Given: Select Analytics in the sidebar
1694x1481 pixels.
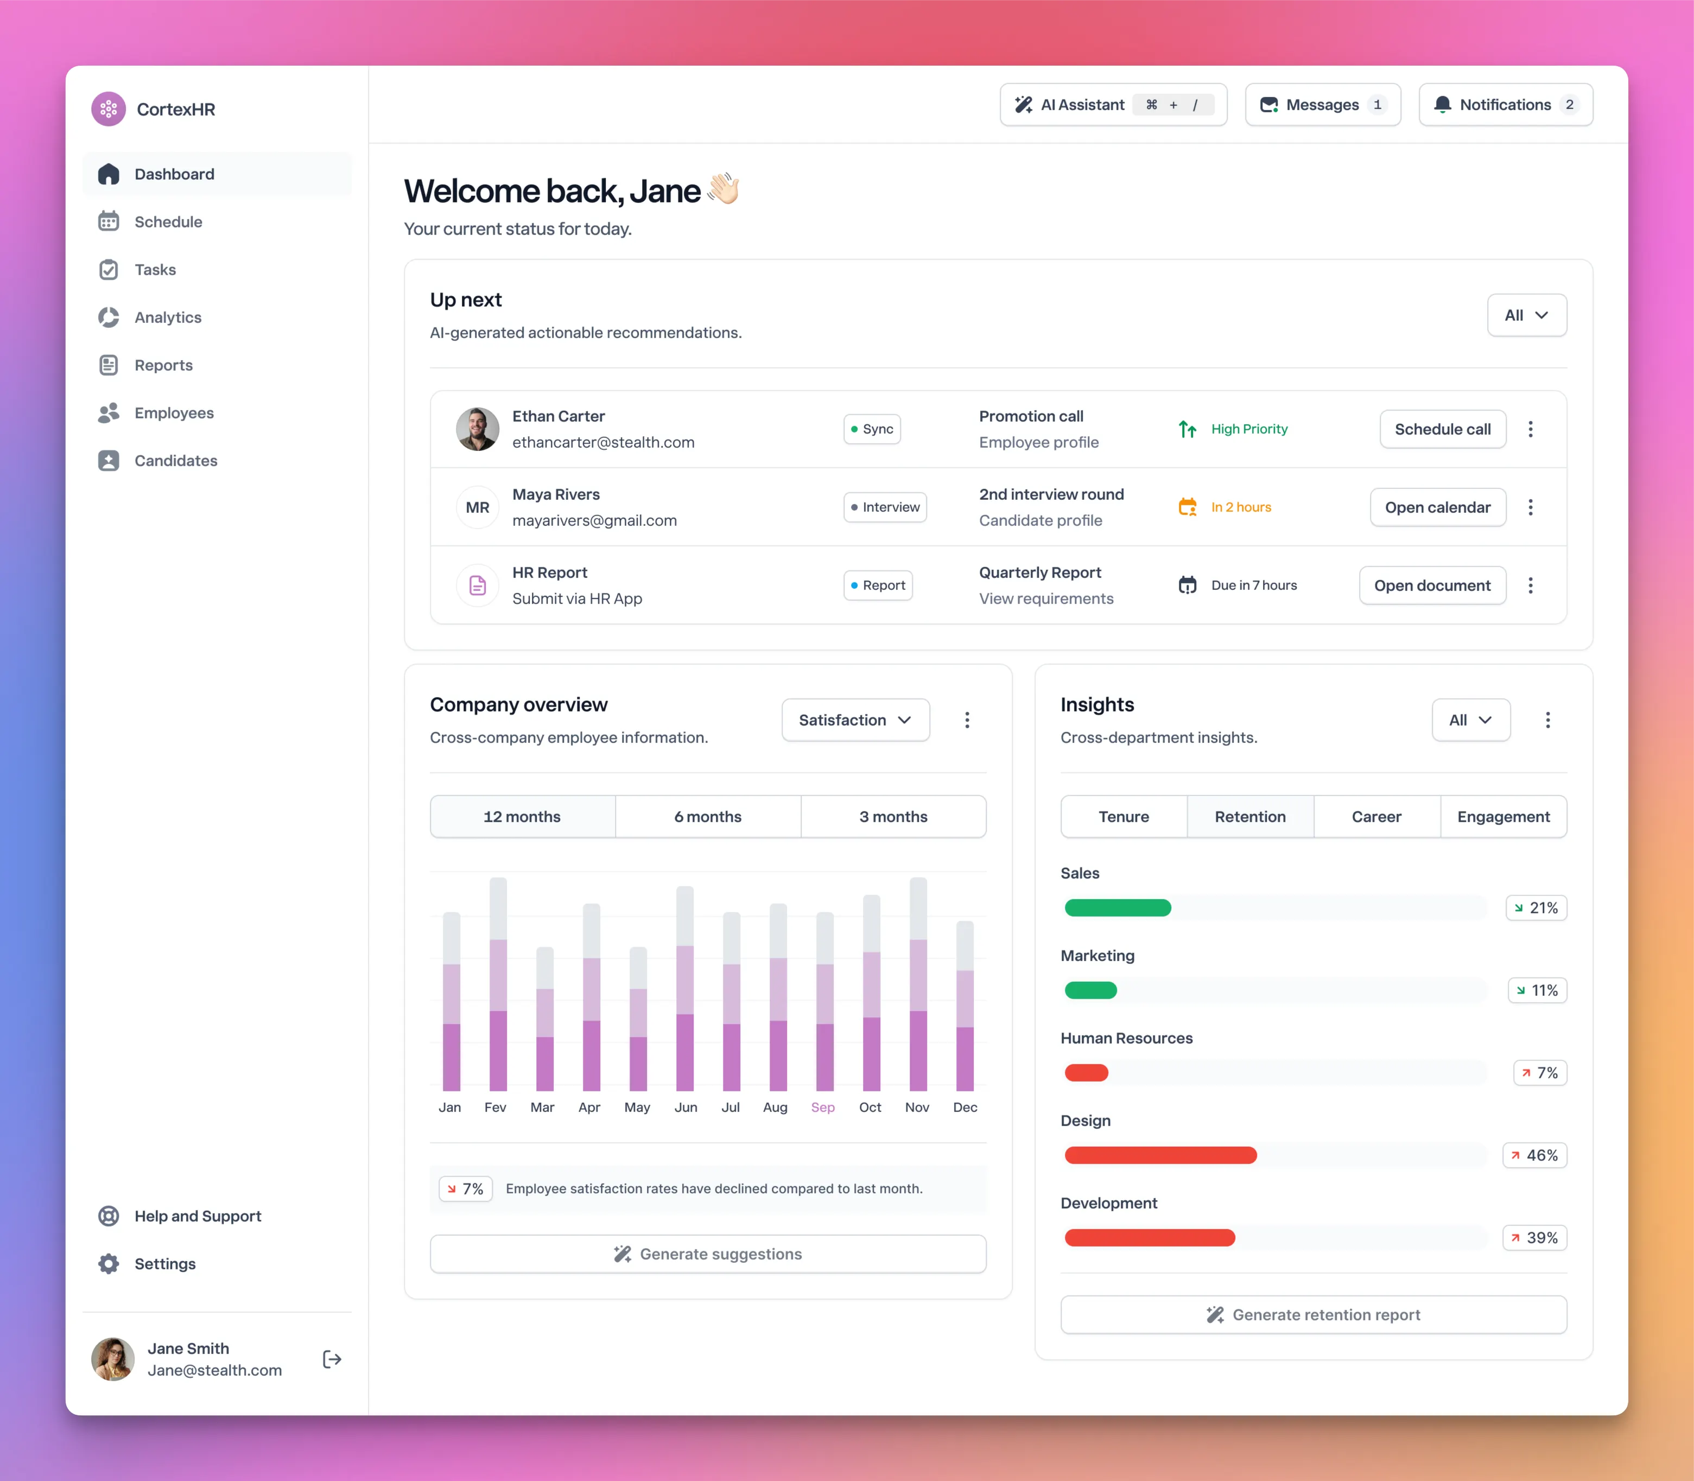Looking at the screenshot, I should pos(167,317).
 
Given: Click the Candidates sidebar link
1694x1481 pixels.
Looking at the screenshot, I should pos(175,460).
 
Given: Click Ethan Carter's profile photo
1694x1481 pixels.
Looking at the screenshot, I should pos(477,429).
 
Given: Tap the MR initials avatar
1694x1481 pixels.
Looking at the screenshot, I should pos(477,507).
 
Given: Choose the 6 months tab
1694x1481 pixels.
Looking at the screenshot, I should pos(708,817).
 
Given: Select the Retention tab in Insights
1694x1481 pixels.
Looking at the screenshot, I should pos(1249,817).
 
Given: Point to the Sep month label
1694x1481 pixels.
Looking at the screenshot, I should pos(823,1108).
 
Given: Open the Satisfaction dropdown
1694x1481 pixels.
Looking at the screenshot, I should pos(855,720).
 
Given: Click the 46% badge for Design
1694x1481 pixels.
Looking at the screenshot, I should pos(1534,1155).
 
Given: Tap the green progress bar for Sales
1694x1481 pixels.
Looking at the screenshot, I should pos(1117,907).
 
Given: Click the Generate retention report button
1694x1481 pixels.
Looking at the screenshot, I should pos(1313,1315).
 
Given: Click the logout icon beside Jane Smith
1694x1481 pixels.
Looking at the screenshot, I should pos(332,1359).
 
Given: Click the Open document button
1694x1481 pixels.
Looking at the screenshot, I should pos(1432,585).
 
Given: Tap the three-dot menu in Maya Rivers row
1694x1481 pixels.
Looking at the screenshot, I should pos(1530,507).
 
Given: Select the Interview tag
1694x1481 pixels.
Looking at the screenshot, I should pos(885,507).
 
